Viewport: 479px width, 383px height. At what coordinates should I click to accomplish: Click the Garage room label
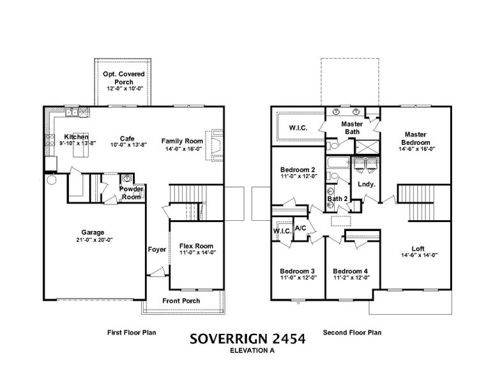93,232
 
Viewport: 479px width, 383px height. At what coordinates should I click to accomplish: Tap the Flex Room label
195,246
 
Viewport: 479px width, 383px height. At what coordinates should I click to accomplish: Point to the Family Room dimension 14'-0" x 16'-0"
182,149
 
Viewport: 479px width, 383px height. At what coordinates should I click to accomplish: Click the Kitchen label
75,137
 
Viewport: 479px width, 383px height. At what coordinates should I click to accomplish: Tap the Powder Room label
132,193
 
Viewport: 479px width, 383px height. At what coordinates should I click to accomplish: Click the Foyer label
156,250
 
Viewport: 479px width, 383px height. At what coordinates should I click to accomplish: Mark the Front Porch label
181,301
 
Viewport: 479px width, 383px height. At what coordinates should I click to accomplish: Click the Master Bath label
352,128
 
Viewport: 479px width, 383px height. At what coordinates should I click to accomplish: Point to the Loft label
418,248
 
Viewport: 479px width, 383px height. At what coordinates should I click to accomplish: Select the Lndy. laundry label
366,185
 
